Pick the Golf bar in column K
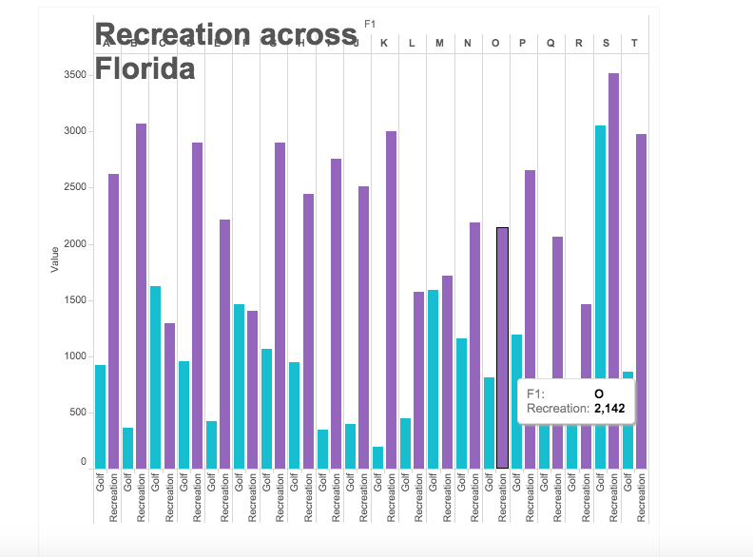(377, 457)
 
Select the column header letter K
(384, 43)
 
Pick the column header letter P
(523, 43)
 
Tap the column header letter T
(634, 43)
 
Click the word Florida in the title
(145, 69)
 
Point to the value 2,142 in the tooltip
(609, 408)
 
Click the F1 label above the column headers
(371, 23)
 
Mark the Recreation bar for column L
(419, 380)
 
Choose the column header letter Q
(550, 43)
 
